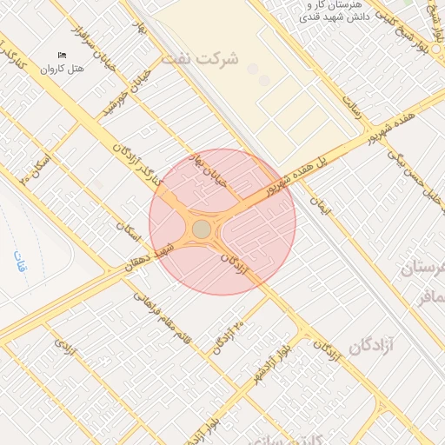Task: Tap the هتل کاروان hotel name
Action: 62,68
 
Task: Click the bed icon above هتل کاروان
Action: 62,56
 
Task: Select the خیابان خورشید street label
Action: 123,96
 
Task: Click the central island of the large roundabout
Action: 201,229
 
